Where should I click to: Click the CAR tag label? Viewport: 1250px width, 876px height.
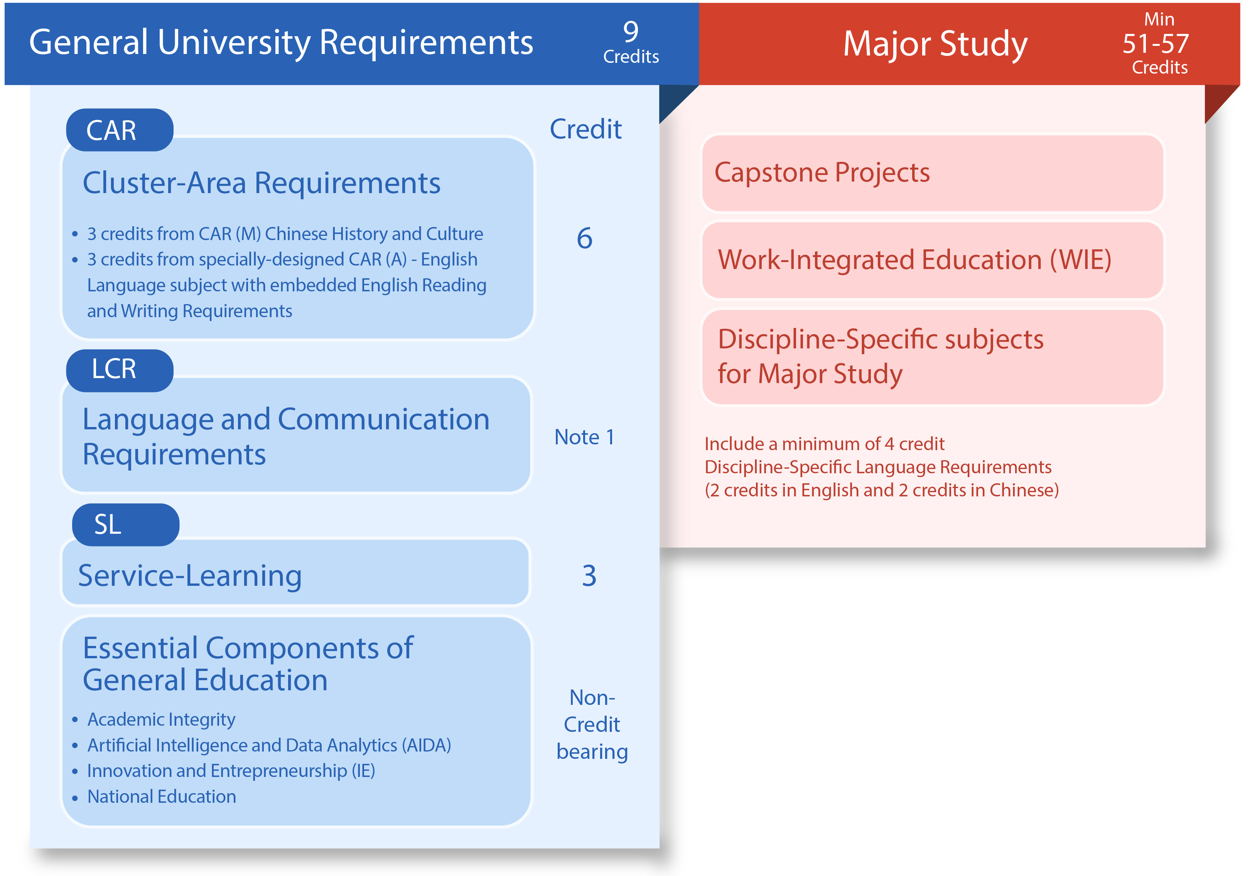pos(111,131)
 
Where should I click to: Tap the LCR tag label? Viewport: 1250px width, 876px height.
pos(114,370)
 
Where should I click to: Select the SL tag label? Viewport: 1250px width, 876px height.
pos(108,525)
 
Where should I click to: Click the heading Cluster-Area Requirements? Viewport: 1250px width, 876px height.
pos(261,183)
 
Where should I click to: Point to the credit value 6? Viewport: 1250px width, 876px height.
pos(584,238)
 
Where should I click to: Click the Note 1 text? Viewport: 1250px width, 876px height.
pos(584,437)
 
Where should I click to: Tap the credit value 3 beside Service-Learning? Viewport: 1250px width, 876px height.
pos(589,576)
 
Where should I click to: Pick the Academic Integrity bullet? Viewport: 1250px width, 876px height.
pos(161,719)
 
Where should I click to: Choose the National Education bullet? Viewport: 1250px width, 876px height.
pos(162,797)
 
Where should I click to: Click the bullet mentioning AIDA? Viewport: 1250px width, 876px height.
pos(269,745)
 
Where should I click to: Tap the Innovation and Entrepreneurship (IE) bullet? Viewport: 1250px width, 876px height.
pos(231,770)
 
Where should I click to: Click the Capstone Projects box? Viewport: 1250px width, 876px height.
pos(932,173)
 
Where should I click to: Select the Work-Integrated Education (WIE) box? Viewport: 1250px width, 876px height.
pos(932,259)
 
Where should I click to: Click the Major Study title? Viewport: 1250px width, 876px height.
pos(935,44)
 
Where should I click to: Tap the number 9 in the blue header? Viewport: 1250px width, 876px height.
pos(631,32)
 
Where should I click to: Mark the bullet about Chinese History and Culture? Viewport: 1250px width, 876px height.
pos(285,234)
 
